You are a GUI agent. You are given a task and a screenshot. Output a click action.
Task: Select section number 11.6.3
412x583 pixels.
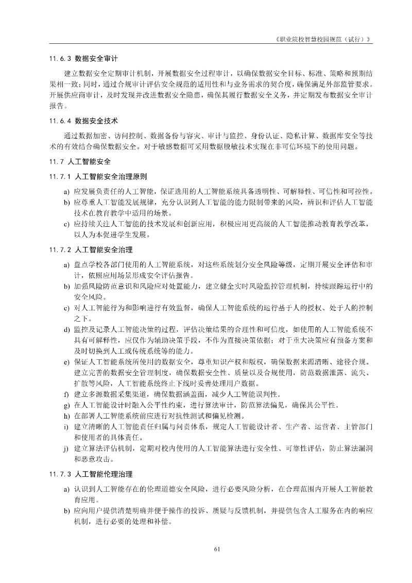(60, 58)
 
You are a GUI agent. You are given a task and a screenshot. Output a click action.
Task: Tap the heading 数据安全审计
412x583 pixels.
(96, 58)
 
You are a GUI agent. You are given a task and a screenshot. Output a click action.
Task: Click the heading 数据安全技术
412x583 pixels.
(96, 121)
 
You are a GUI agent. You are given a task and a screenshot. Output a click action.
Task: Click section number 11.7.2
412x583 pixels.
(60, 249)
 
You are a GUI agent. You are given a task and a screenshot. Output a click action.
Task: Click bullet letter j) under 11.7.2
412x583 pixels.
(66, 448)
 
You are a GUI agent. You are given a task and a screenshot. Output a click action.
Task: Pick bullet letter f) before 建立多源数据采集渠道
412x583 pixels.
(66, 394)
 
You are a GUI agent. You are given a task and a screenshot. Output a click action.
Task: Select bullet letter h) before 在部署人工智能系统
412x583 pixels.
(66, 416)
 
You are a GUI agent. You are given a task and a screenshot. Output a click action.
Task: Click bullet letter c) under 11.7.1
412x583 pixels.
(66, 224)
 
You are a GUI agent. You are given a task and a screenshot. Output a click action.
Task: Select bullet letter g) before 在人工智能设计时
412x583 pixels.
(66, 405)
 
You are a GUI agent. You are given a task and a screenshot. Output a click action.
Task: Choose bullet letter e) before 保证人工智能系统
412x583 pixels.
(66, 362)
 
